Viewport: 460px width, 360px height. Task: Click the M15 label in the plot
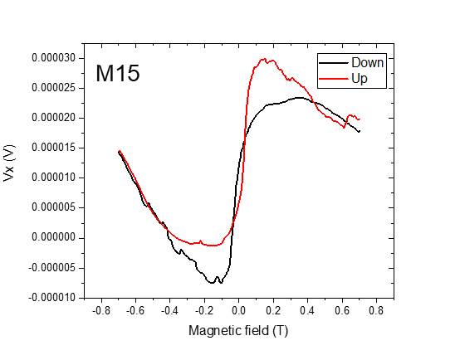click(x=117, y=74)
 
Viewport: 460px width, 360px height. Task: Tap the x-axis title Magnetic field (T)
click(x=237, y=331)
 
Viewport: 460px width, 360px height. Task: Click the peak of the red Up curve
click(x=265, y=59)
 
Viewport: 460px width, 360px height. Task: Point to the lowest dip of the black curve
click(x=212, y=283)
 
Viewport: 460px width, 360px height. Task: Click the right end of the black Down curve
click(x=360, y=131)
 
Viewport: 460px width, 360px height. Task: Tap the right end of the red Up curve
click(x=360, y=119)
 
